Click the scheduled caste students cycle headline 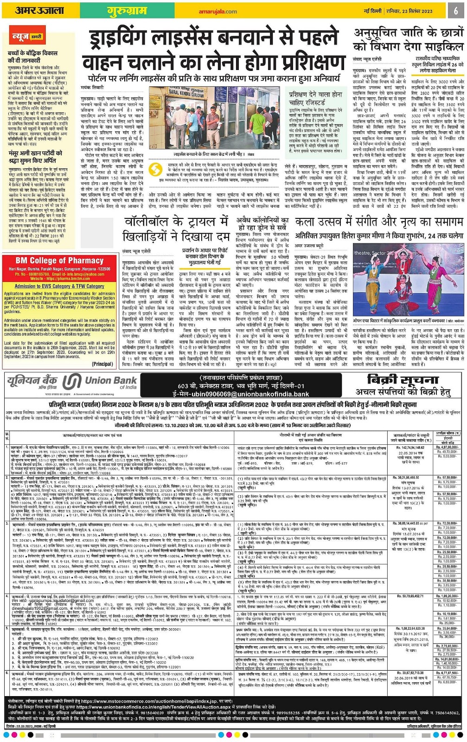[408, 40]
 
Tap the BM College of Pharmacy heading [59, 261]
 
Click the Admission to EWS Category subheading [59, 286]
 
